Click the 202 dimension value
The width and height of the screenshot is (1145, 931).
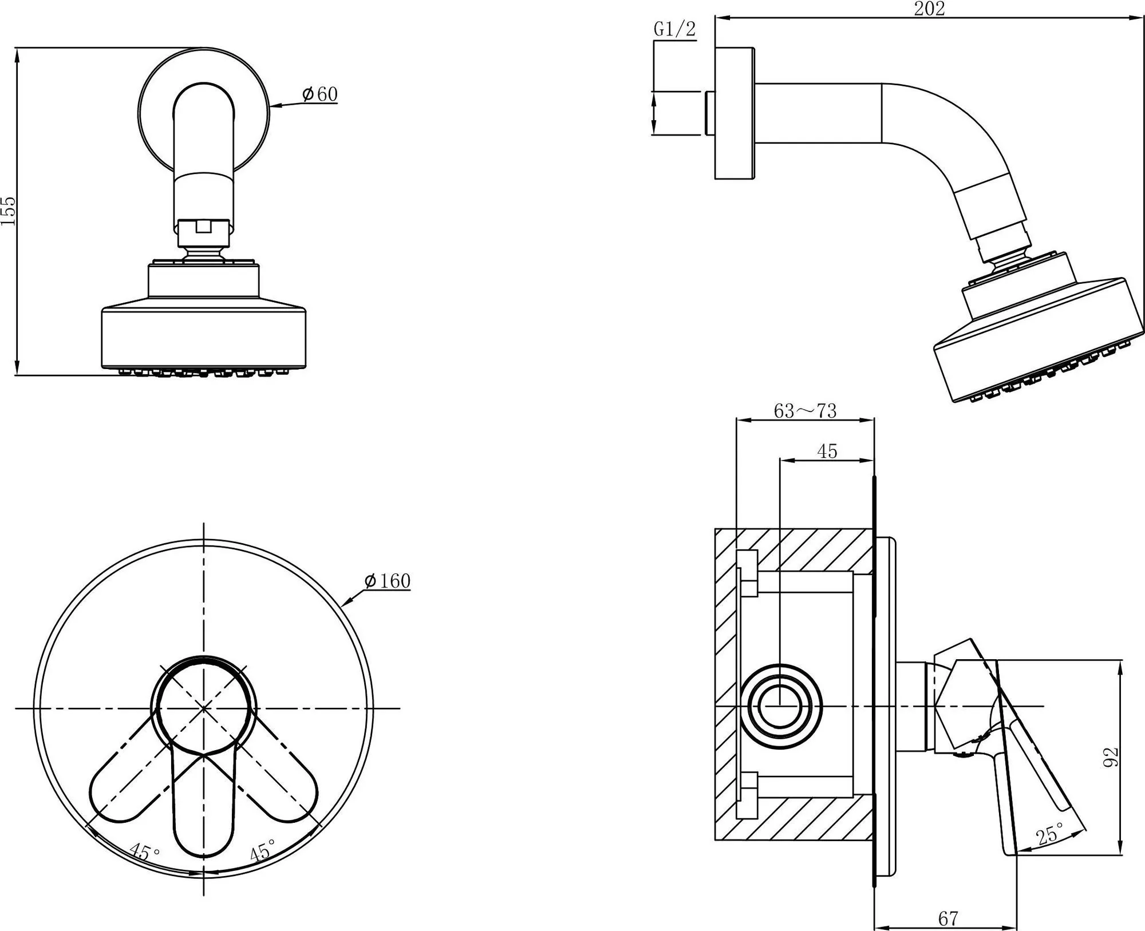pos(929,9)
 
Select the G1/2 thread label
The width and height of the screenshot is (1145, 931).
pos(675,29)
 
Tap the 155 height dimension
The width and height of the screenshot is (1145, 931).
pos(9,211)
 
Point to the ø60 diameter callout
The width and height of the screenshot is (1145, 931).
pos(319,94)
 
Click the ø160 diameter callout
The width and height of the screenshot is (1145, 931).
pos(388,581)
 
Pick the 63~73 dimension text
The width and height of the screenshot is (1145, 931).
pos(805,411)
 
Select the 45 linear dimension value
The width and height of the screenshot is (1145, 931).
pos(827,451)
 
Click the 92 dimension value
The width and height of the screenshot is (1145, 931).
pos(1110,758)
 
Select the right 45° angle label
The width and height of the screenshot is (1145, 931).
pos(263,850)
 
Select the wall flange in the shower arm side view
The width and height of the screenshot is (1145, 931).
pos(735,113)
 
